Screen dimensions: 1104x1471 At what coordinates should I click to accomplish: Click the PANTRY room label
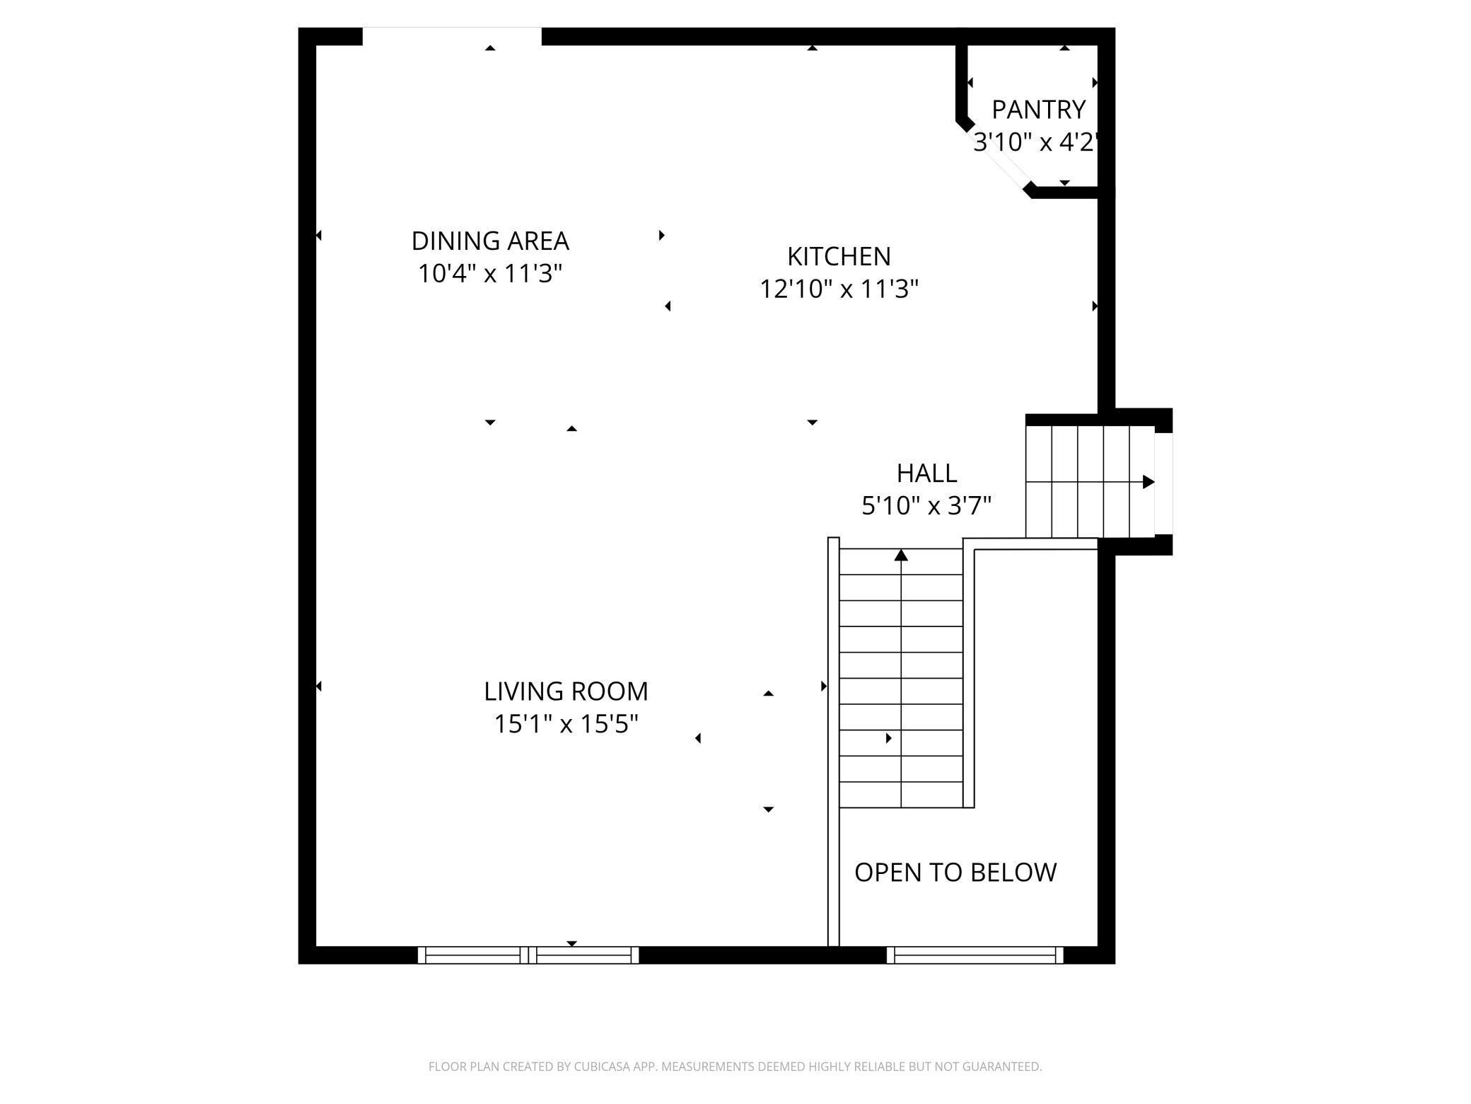tap(1038, 110)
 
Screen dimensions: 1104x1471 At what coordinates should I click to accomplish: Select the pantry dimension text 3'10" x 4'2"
tap(1035, 143)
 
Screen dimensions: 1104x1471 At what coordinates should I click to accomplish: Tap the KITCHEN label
tap(839, 256)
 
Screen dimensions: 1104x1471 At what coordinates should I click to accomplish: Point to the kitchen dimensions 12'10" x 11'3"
tap(839, 289)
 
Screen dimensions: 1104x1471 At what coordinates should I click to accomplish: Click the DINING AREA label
tap(490, 241)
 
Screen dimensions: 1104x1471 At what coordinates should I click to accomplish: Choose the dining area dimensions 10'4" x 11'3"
tap(490, 274)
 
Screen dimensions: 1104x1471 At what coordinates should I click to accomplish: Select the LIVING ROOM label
tap(566, 691)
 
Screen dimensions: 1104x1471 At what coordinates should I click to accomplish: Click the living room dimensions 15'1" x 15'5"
tap(566, 725)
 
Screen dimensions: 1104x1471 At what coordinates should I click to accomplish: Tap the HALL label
tap(926, 473)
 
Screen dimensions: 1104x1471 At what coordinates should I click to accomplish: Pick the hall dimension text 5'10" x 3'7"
tap(926, 506)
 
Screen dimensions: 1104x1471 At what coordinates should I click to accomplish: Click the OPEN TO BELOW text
tap(955, 873)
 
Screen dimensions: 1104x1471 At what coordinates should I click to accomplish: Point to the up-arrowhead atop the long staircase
tap(901, 556)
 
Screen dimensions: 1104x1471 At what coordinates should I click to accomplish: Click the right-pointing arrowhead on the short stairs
tap(1149, 482)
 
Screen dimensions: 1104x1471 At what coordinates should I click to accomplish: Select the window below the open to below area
tap(975, 955)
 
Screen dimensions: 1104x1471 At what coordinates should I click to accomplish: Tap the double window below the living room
tap(528, 955)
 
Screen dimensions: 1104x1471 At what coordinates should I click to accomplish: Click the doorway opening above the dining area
tap(452, 35)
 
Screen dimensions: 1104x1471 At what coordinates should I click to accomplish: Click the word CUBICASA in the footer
tap(606, 1066)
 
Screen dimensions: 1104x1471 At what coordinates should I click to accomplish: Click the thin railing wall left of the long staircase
tap(833, 743)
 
